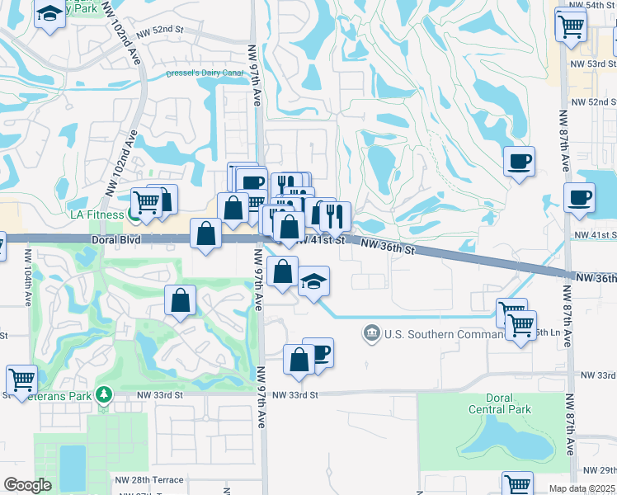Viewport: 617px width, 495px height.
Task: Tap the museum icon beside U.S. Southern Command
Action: [x=372, y=333]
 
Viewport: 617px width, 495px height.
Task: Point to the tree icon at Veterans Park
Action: [x=102, y=394]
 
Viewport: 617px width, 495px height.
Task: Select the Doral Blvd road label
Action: [x=118, y=239]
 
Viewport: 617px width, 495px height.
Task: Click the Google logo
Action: [x=27, y=484]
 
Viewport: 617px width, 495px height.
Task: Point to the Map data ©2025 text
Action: [x=582, y=488]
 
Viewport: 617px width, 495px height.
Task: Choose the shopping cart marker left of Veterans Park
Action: [x=21, y=379]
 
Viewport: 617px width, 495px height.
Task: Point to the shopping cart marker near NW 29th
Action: [x=517, y=483]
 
